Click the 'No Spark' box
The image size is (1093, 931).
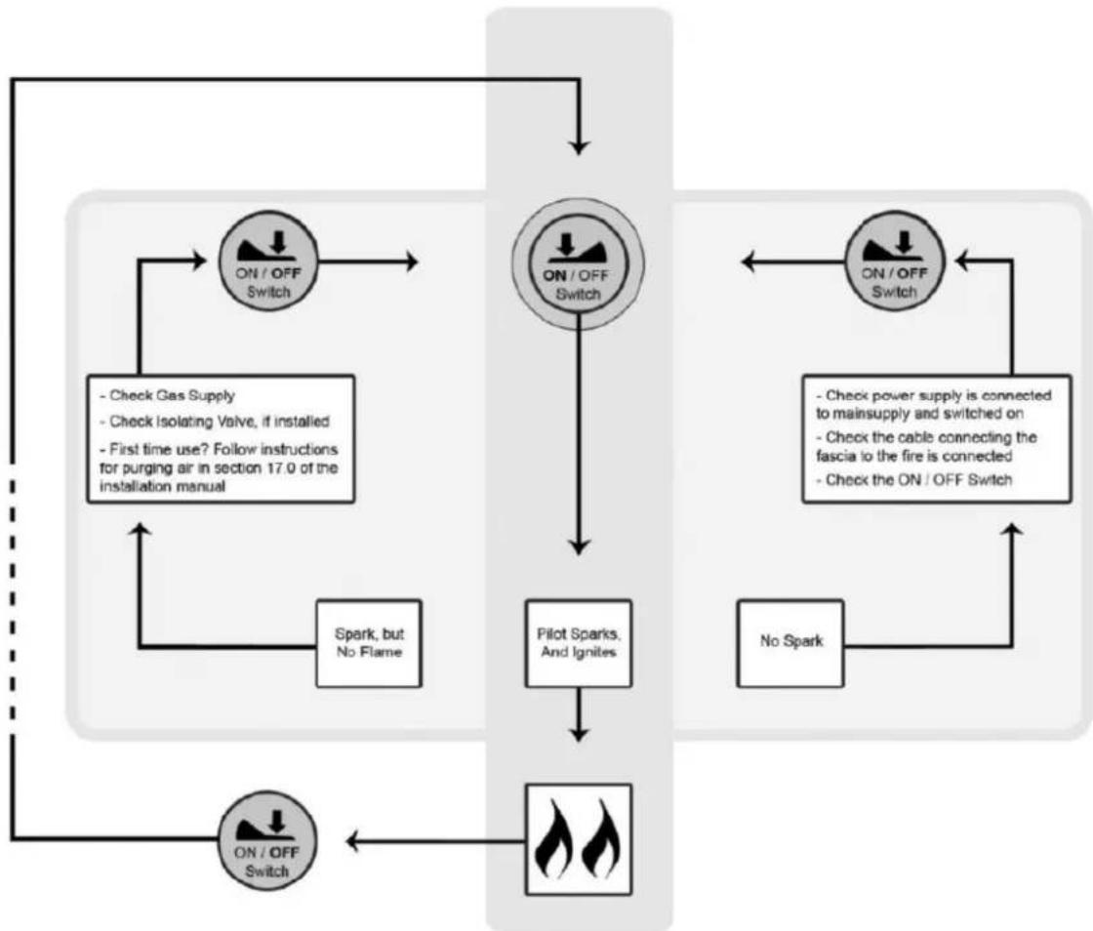[x=789, y=642]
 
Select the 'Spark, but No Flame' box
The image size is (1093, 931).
[x=369, y=642]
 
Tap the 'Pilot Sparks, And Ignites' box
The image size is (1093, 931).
[x=579, y=642]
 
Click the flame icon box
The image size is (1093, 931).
[x=579, y=839]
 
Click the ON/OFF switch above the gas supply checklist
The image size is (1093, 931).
[x=269, y=261]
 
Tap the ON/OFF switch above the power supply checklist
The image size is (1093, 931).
[x=894, y=261]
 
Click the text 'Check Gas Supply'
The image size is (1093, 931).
[x=172, y=396]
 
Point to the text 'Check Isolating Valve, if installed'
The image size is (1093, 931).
[x=215, y=422]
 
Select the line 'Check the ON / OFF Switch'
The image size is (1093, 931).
[x=913, y=480]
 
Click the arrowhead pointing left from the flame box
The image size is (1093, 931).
[x=352, y=841]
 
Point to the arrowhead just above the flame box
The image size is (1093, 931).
[x=579, y=735]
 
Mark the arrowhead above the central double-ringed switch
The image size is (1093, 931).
[x=579, y=147]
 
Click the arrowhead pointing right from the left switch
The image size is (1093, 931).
[x=412, y=262]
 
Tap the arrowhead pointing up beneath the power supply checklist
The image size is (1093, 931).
[x=1012, y=530]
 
